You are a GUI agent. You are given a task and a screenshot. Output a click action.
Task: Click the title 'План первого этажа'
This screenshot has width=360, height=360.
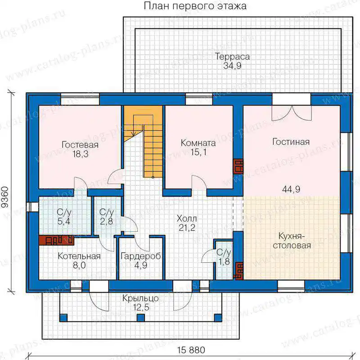tap(195, 6)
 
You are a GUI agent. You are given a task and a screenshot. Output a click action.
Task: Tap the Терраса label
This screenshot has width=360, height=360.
tap(232, 57)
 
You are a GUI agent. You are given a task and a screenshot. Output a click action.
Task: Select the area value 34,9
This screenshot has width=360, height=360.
tap(232, 66)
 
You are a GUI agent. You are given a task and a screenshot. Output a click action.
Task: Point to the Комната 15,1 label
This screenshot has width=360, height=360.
tap(198, 148)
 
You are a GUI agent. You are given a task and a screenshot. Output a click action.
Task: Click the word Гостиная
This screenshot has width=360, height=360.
tap(291, 142)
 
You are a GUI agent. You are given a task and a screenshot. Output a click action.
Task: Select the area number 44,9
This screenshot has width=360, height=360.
tap(291, 189)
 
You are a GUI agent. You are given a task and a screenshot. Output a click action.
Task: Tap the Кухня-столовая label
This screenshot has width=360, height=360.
tap(292, 241)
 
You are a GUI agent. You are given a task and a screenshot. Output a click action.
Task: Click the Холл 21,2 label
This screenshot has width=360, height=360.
tap(187, 223)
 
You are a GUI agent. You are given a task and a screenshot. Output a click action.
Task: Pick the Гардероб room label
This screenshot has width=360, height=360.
tap(140, 261)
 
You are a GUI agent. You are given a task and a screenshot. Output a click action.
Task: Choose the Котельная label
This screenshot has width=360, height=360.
tap(79, 261)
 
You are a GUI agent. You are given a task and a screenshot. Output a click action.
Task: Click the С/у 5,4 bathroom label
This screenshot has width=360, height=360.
tap(64, 216)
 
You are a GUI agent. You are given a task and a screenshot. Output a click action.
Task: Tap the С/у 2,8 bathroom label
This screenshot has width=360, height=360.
tap(107, 216)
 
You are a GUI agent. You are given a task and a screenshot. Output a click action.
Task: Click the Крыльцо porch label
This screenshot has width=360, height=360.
tap(140, 302)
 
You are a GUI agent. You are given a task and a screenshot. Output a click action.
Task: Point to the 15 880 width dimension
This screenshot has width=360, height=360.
tap(191, 351)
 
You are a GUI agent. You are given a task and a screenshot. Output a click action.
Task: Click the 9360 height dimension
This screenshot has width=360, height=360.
tap(5, 197)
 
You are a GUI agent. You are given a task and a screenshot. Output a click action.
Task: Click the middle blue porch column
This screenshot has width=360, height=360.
tap(141, 318)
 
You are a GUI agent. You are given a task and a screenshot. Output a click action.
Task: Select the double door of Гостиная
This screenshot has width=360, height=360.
tap(292, 113)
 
